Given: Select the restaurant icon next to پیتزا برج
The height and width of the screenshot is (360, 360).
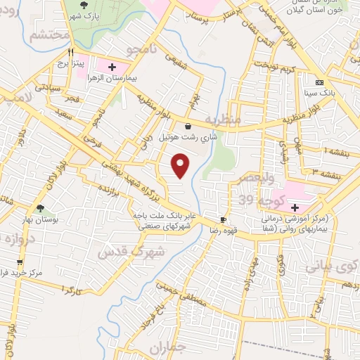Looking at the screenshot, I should tap(70, 52).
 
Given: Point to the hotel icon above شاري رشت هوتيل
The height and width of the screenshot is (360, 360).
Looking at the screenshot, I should tap(188, 126).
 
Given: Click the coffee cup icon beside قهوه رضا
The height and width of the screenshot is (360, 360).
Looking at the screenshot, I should tap(223, 220).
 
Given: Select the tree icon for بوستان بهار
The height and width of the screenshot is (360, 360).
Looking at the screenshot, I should tap(41, 208).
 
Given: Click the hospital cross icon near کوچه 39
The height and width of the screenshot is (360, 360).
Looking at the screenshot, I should tap(295, 207).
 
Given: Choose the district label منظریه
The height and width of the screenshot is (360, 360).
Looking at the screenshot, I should tap(224, 120).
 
